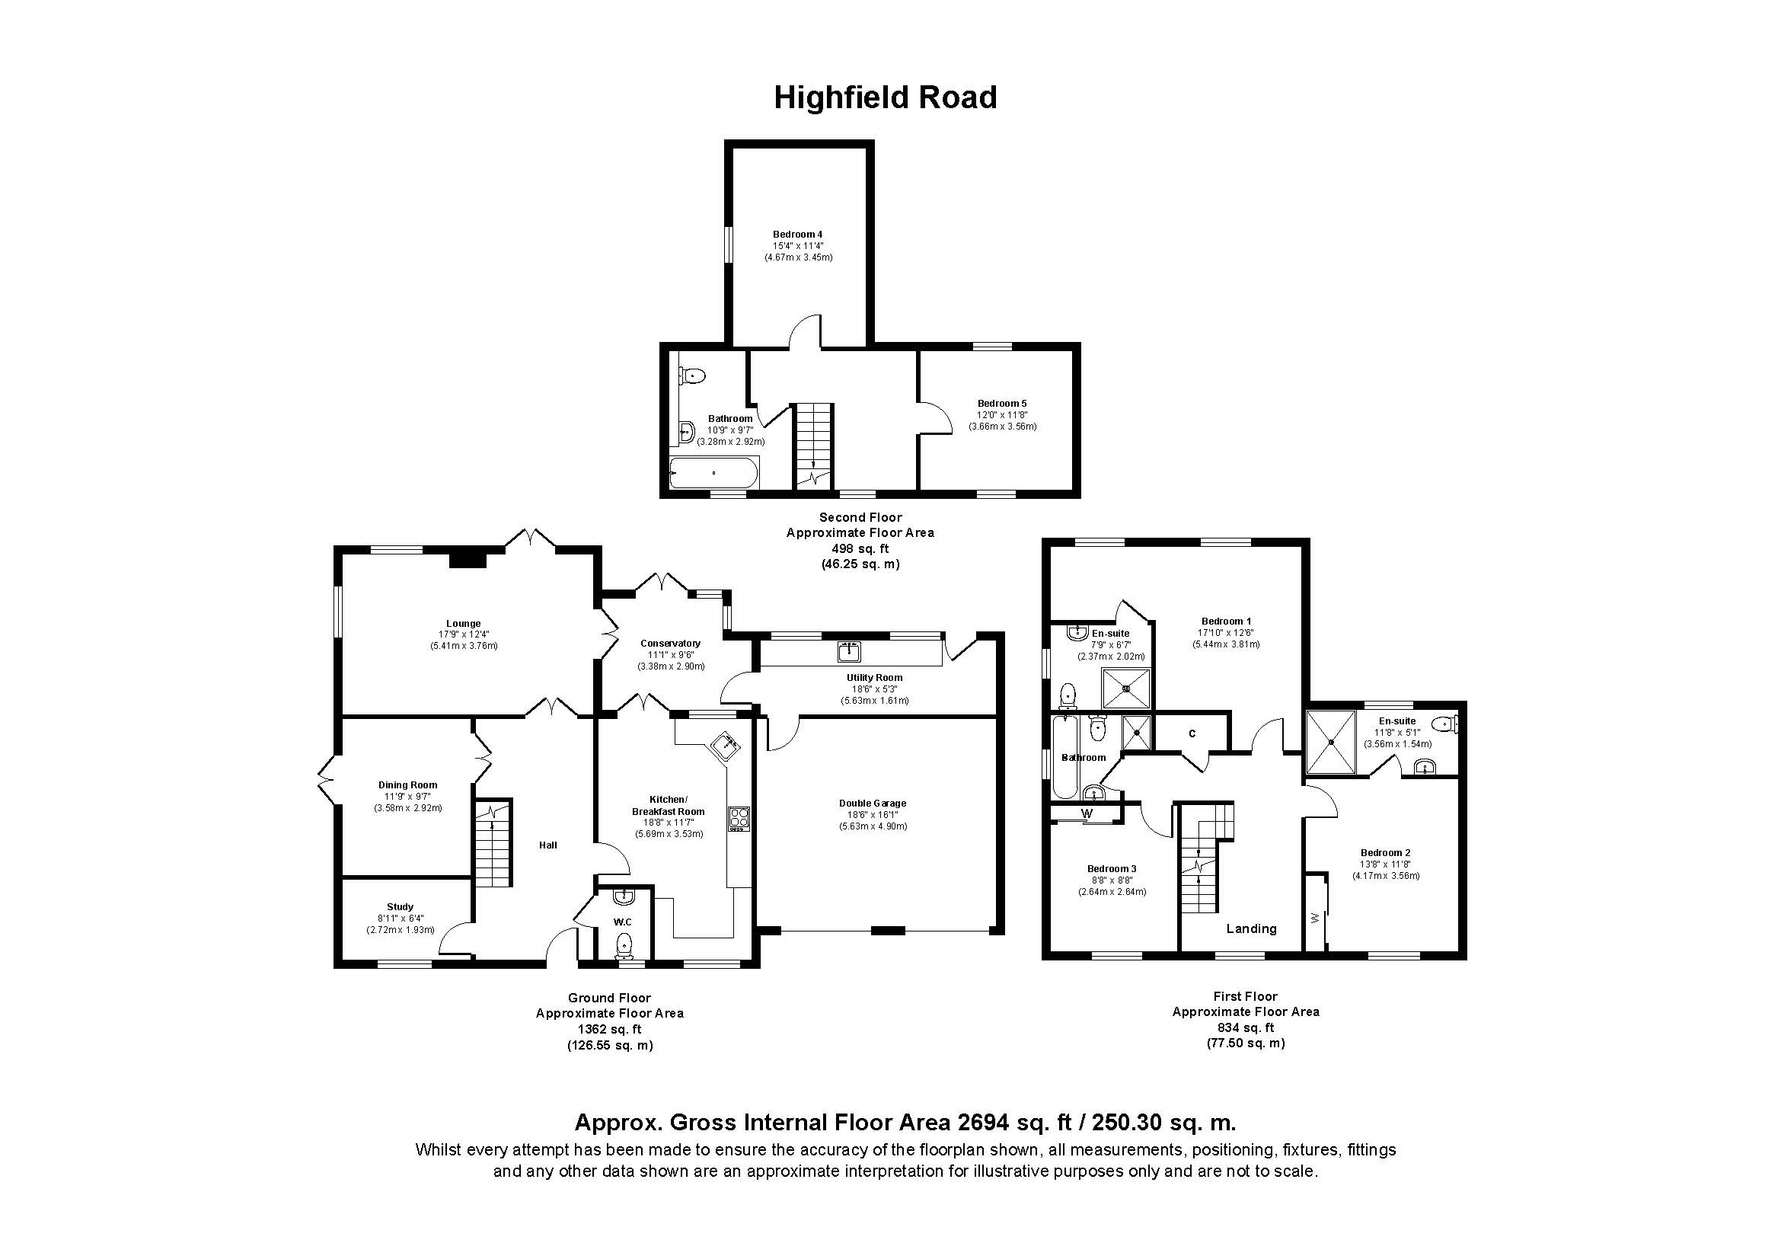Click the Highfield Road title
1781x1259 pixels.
885,97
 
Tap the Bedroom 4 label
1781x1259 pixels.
796,235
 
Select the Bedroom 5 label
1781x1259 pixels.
1001,404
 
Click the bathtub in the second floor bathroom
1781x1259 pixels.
714,472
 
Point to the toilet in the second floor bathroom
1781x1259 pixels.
693,376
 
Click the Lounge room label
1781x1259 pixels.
463,624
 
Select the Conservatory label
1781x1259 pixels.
670,643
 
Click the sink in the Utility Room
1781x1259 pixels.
851,652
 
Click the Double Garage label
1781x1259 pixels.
873,804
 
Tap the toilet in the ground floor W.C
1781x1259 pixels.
624,946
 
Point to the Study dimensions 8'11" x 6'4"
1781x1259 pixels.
401,919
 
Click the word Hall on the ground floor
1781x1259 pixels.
547,845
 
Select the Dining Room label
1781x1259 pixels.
408,785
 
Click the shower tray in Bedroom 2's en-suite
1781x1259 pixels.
1331,742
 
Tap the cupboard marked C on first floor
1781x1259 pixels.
1192,733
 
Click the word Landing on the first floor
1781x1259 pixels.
1250,928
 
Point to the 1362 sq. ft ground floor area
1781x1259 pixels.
610,1030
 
